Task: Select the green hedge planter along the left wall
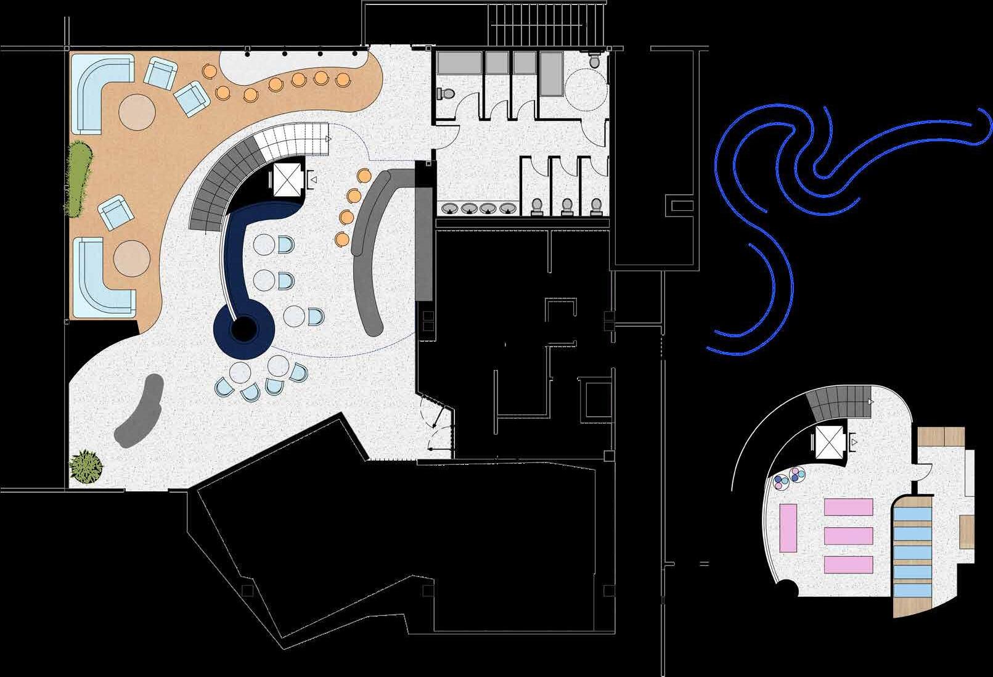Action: (76, 179)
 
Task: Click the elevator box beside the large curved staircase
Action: (286, 179)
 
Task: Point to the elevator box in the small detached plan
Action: (828, 442)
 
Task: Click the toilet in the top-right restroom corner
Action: (595, 60)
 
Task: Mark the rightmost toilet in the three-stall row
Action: (595, 207)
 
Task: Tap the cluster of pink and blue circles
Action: (789, 478)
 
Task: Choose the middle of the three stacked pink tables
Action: (848, 535)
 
